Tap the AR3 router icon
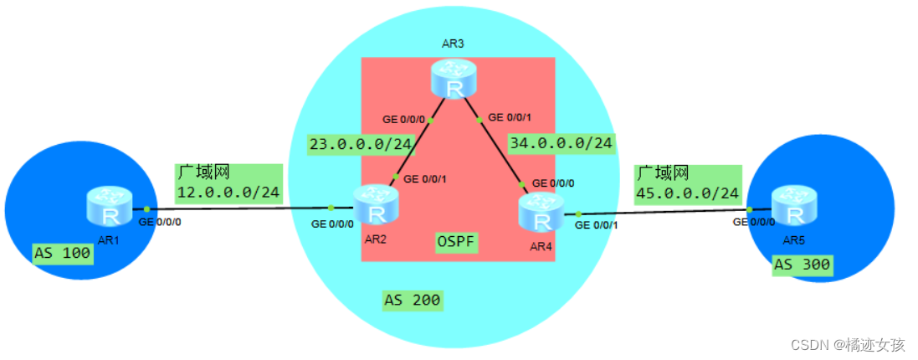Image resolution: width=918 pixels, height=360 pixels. [x=454, y=80]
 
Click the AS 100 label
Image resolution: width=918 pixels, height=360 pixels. [x=62, y=252]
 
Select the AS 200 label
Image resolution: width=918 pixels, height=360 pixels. [x=413, y=300]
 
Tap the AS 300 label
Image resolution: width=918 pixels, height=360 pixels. [x=803, y=265]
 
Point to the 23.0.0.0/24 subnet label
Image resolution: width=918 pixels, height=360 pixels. [x=361, y=144]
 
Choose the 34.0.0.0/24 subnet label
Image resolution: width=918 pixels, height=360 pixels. [x=561, y=144]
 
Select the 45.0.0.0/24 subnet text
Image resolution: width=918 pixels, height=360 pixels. [x=688, y=193]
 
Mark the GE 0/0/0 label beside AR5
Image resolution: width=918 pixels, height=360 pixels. [x=753, y=222]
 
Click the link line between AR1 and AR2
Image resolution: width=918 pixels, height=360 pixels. [x=238, y=208]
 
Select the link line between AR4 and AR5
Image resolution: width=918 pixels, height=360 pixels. [x=661, y=212]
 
